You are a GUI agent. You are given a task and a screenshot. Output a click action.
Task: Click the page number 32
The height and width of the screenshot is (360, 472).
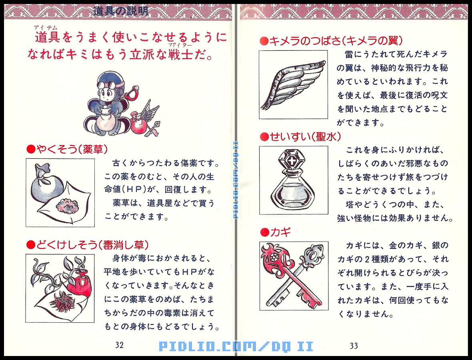click(119, 345)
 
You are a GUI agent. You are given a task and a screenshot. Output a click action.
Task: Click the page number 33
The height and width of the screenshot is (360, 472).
click(354, 346)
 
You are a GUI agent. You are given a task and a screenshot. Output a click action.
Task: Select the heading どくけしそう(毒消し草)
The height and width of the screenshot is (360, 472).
click(88, 244)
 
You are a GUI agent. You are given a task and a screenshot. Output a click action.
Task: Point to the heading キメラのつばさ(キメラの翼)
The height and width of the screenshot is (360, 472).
click(332, 40)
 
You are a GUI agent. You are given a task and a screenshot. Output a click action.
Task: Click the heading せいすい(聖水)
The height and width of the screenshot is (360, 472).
click(300, 137)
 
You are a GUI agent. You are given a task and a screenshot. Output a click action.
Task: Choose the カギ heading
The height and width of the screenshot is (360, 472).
click(280, 232)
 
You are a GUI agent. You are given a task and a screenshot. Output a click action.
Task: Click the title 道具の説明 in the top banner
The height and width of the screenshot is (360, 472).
click(120, 11)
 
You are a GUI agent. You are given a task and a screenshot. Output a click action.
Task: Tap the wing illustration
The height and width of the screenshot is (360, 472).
click(293, 84)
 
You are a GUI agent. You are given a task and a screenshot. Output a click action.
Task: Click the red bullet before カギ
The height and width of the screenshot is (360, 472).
click(264, 232)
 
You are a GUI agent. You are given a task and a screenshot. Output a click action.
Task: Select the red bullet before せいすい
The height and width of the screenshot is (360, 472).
click(264, 137)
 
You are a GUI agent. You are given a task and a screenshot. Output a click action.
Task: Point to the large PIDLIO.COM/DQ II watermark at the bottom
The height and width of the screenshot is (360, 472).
click(236, 346)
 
